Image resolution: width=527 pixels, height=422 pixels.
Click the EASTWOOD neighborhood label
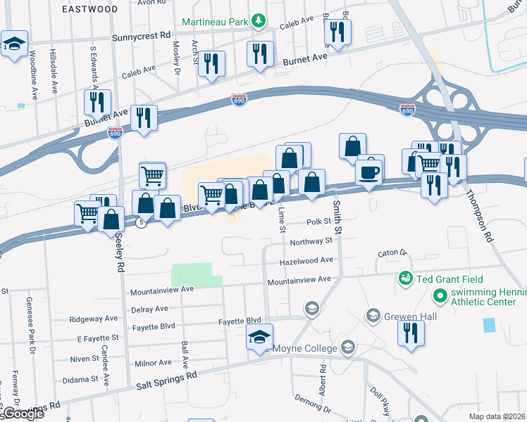coord(89,9)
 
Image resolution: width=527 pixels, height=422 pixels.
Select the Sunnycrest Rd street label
coord(146,35)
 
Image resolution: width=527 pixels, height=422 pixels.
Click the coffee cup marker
coord(370,171)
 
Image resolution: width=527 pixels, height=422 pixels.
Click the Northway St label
coord(311,241)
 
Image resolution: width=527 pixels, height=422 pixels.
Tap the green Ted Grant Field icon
coord(405,279)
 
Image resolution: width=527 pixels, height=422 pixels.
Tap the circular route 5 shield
coord(142,223)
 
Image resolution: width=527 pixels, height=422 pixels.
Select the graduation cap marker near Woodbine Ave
coord(14,44)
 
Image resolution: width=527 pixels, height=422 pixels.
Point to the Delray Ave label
coord(149,309)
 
